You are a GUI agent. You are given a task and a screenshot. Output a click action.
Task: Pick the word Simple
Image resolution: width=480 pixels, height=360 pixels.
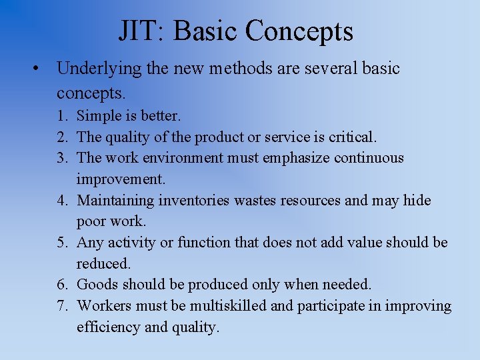click(98, 116)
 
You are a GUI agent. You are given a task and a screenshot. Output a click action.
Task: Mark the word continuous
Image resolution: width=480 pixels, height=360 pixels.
click(369, 159)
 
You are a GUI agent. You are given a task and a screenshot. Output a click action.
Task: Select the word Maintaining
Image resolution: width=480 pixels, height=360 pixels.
click(115, 201)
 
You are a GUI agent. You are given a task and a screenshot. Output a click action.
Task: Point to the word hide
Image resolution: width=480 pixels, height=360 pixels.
click(417, 201)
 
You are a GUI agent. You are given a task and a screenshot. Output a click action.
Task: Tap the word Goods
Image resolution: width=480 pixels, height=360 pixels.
click(97, 285)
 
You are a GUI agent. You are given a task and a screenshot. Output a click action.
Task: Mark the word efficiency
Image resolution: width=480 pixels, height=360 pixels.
click(107, 328)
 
